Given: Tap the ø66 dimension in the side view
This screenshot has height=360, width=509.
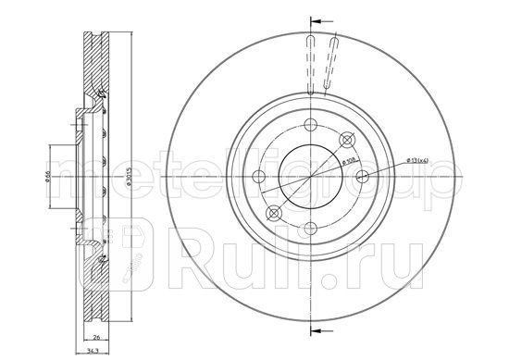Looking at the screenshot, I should point(53,177).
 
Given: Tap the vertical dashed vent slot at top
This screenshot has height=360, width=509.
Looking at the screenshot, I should point(307,65).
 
